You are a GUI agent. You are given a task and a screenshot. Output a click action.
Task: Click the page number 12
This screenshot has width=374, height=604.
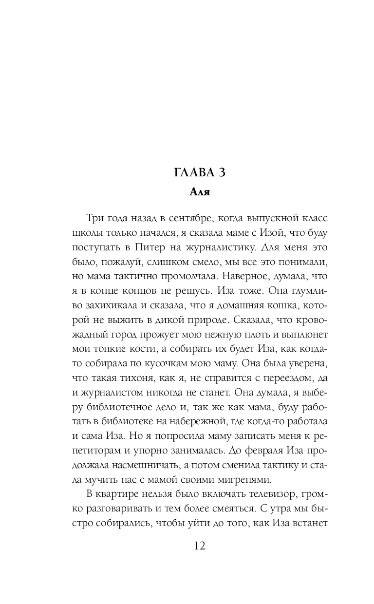(199, 545)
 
